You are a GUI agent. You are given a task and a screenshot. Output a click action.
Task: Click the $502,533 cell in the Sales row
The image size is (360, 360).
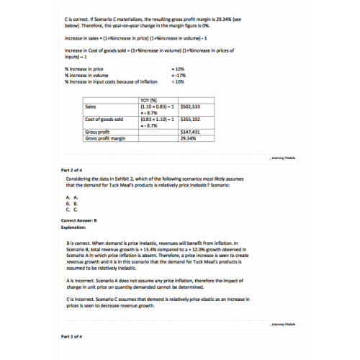point(191,106)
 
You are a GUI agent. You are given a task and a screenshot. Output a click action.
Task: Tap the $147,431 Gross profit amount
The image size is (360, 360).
point(191,132)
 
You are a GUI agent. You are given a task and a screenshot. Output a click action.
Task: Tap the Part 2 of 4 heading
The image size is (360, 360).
point(74,170)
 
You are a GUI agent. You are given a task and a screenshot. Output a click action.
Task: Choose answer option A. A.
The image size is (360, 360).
point(71,197)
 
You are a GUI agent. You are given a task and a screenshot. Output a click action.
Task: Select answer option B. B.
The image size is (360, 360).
point(71,202)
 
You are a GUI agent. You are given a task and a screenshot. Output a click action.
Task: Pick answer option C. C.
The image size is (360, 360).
point(71,208)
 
